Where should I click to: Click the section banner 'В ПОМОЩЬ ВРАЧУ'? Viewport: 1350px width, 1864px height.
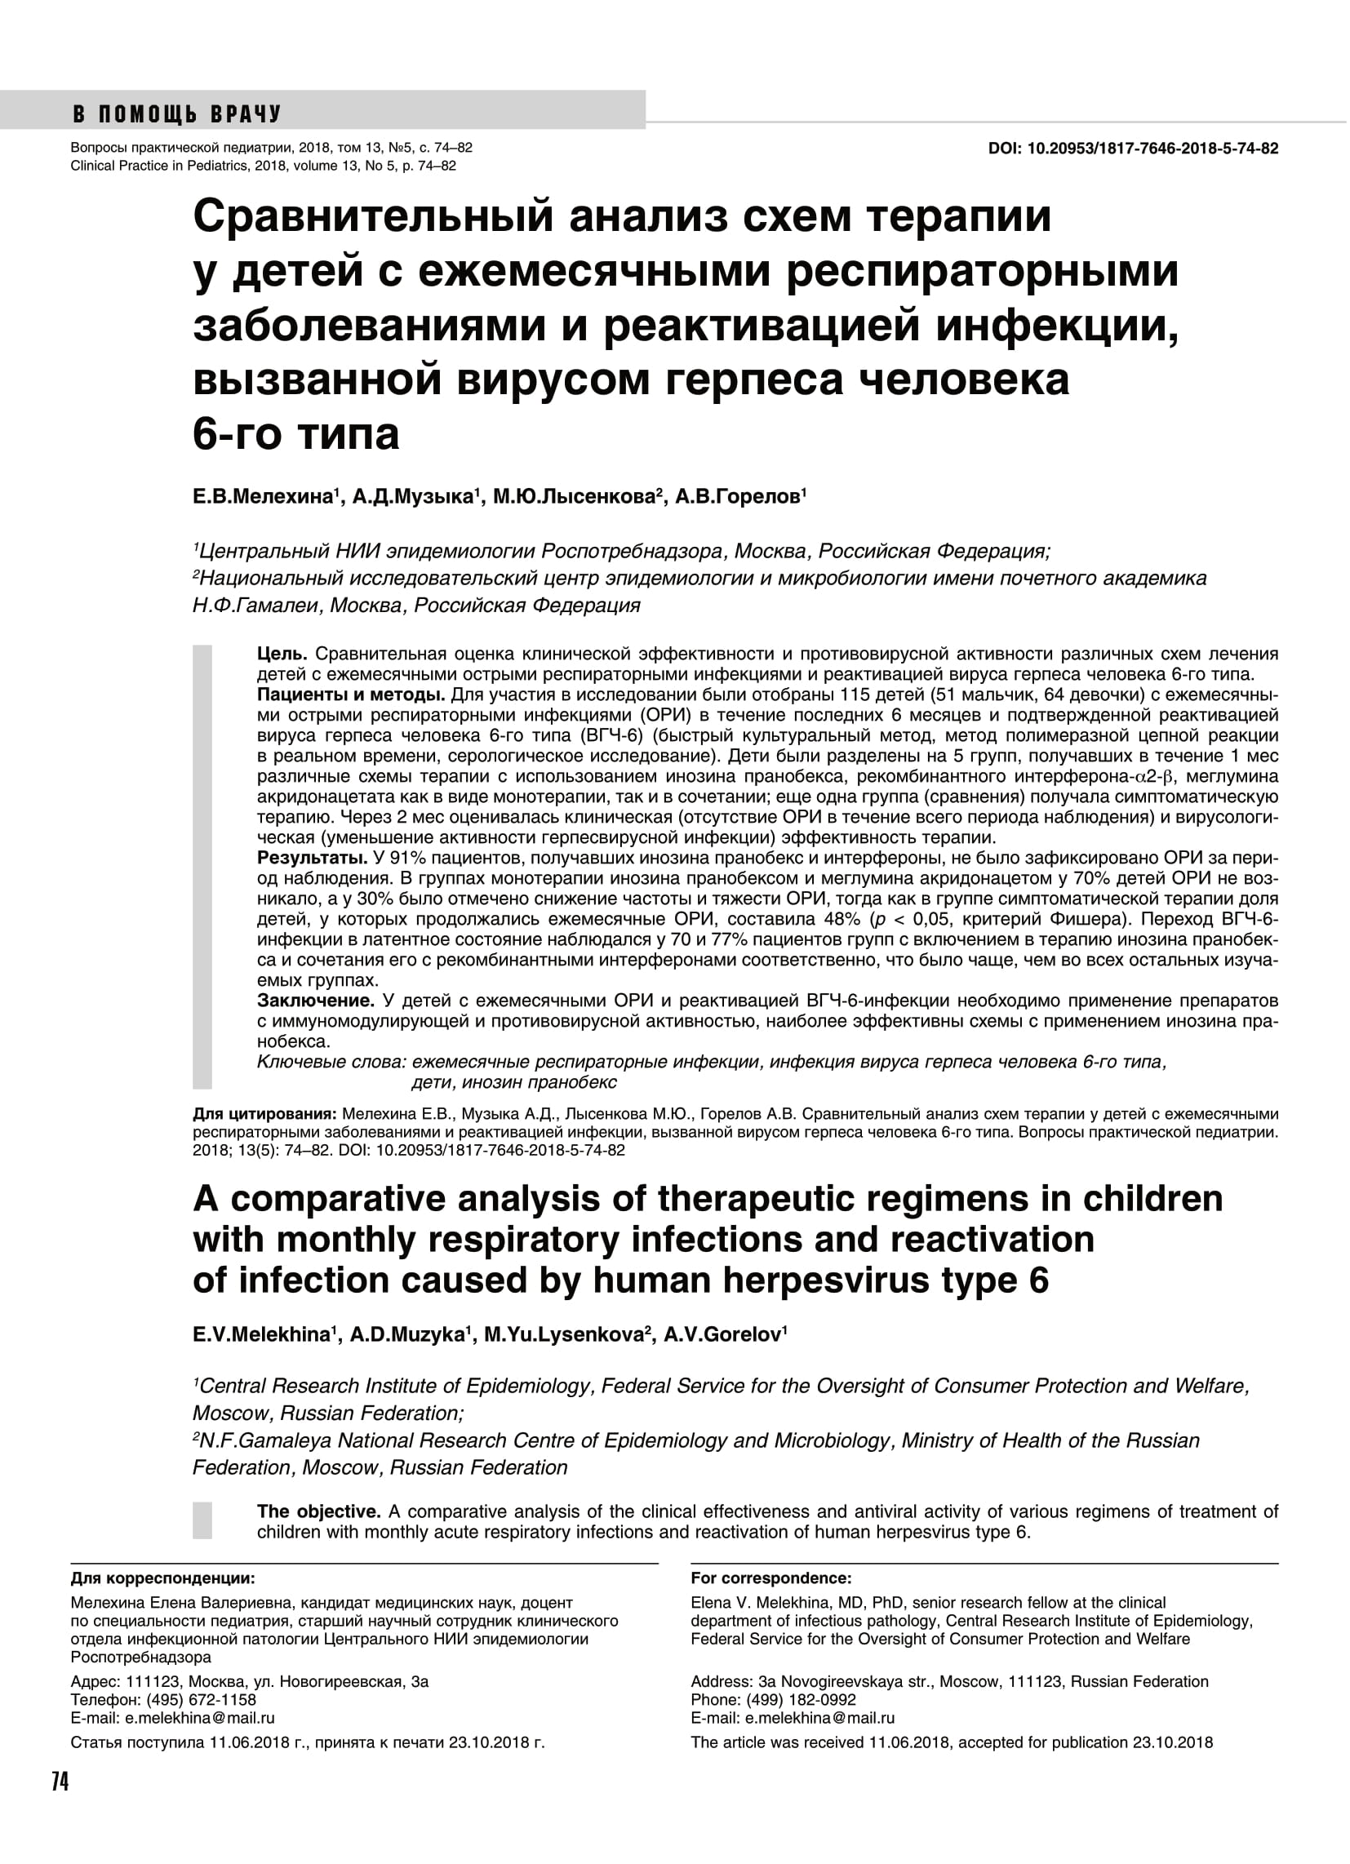coord(177,114)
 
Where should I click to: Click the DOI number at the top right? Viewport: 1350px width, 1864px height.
coord(1152,149)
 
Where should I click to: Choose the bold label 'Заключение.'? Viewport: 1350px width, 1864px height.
coord(316,1001)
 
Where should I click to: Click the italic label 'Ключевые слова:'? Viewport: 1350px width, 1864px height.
coord(332,1063)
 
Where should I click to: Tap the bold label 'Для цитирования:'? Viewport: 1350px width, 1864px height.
coord(264,1115)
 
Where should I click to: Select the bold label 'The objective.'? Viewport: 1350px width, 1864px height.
coord(319,1512)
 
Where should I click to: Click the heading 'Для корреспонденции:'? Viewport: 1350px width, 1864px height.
coord(162,1578)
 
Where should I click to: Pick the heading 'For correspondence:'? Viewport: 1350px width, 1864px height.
coord(770,1578)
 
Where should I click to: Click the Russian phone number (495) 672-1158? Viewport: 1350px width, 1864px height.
coord(202,1700)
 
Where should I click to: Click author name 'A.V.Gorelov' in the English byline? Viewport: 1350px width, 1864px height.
coord(721,1334)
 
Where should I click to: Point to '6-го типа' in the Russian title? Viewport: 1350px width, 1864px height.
coord(296,434)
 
